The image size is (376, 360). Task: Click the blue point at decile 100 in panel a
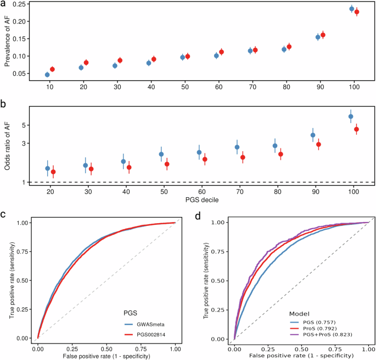pos(351,9)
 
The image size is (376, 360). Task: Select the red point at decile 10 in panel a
pos(52,69)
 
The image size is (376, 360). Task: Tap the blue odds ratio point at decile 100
pos(351,116)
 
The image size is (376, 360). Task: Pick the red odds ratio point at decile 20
pos(53,172)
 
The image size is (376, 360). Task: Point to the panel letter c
pos(4,214)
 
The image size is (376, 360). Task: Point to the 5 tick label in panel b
pos(24,125)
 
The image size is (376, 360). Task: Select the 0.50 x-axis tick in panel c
pos(106,348)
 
